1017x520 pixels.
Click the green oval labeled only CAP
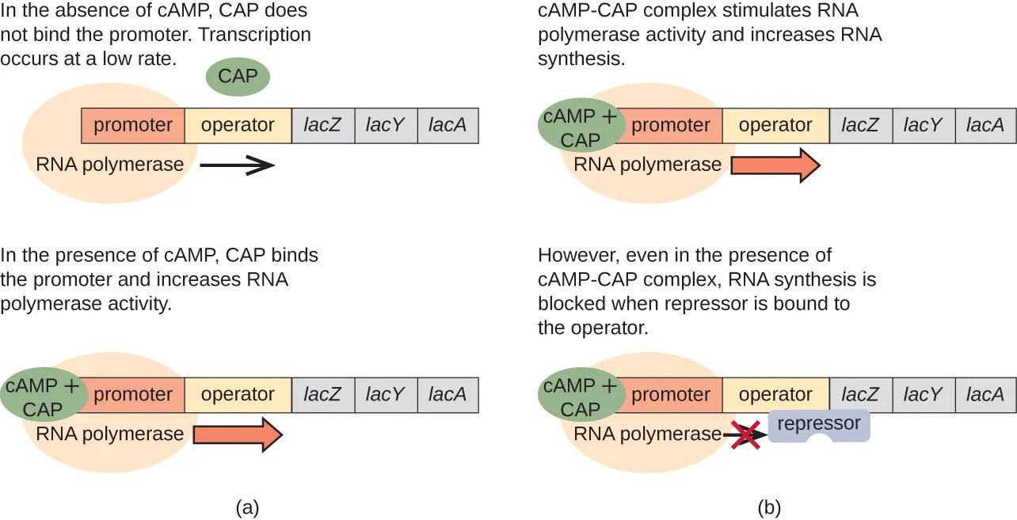(x=238, y=78)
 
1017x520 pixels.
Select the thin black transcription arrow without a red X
(x=237, y=165)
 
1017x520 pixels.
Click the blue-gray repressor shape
(x=818, y=425)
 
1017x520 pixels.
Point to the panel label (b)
(x=768, y=507)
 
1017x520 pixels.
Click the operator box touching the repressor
(x=775, y=394)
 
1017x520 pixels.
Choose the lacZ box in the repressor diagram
(x=860, y=394)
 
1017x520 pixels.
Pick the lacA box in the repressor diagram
(x=985, y=394)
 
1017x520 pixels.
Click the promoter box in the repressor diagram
(x=671, y=394)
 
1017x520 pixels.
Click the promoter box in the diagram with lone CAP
(x=133, y=125)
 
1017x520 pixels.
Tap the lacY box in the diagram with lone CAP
(x=386, y=125)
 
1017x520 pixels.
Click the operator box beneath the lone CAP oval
(x=238, y=125)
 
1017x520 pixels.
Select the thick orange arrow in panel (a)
(x=237, y=435)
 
